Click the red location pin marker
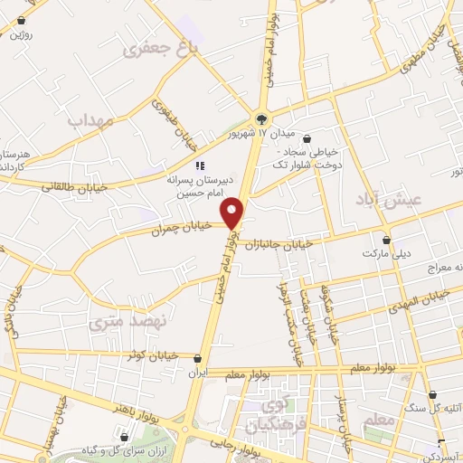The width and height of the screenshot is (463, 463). pyautogui.click(x=234, y=213)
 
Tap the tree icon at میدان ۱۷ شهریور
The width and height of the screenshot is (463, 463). pyautogui.click(x=262, y=118)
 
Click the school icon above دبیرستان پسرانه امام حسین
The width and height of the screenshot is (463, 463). pyautogui.click(x=201, y=165)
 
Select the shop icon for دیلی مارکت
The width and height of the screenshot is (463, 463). pyautogui.click(x=387, y=241)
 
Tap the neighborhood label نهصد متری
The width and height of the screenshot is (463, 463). pyautogui.click(x=118, y=320)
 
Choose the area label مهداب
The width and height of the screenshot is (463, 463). pyautogui.click(x=88, y=118)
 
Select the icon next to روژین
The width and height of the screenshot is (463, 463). pyautogui.click(x=21, y=20)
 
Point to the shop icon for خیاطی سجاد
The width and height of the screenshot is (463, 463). pyautogui.click(x=309, y=139)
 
